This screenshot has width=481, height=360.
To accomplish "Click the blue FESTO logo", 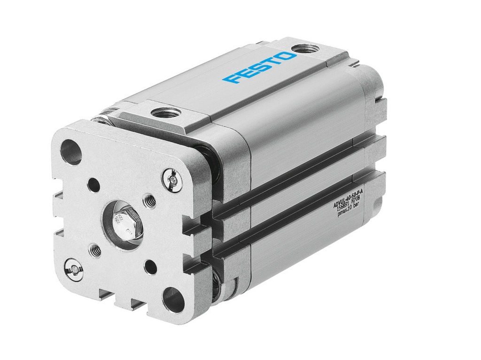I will click(260, 68).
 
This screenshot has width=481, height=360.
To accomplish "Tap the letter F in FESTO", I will click(230, 79).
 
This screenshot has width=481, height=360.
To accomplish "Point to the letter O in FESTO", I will click(287, 57).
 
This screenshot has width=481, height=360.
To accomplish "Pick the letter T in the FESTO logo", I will click(273, 62).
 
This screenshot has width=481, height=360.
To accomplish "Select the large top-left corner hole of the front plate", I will click(71, 152).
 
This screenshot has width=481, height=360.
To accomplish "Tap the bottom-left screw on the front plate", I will click(73, 268).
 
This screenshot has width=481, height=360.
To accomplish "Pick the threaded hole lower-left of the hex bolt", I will click(95, 249).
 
